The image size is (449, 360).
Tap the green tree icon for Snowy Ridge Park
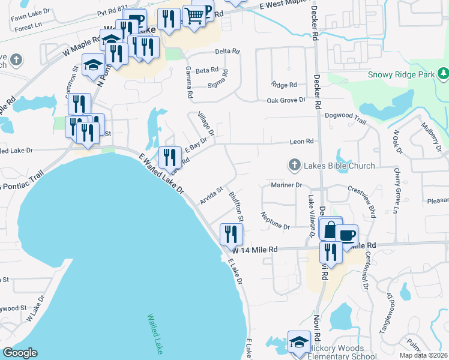tap(443, 73)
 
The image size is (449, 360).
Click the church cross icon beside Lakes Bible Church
tap(294, 164)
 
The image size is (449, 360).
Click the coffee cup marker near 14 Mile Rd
tap(347, 235)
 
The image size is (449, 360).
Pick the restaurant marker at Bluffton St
tap(230, 233)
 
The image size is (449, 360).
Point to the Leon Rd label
tap(302, 142)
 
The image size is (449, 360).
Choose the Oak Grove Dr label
tap(286, 100)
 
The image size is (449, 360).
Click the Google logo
tap(20, 353)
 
